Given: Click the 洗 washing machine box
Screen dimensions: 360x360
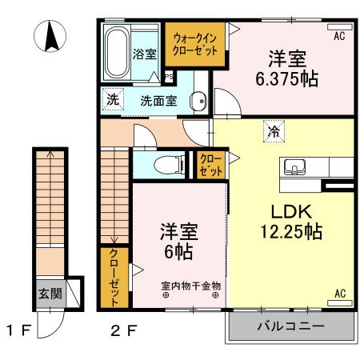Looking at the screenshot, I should click(x=113, y=101).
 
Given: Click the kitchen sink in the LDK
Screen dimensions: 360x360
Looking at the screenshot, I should click(x=293, y=168).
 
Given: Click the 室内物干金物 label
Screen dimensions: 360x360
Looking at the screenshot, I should click(x=190, y=285).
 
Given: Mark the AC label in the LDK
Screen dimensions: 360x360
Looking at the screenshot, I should click(x=339, y=293).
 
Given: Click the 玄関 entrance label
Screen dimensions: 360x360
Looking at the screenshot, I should click(x=50, y=293).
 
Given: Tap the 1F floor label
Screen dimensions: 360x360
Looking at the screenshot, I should click(x=20, y=328).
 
